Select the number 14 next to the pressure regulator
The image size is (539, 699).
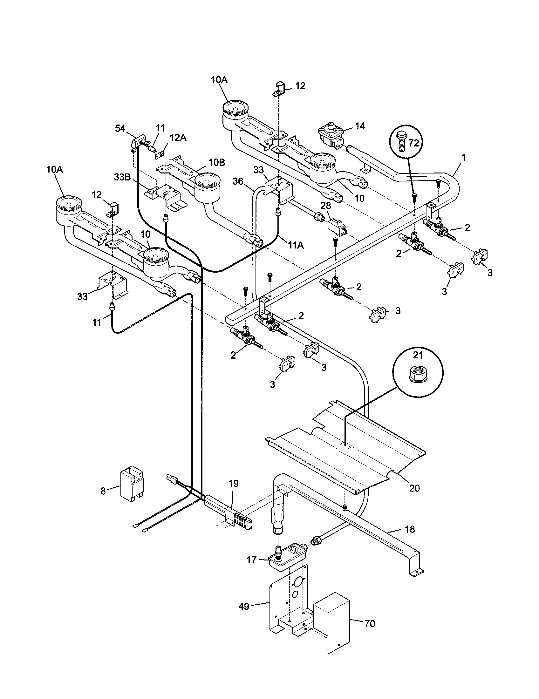coord(360,126)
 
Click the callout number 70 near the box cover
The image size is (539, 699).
coord(370,624)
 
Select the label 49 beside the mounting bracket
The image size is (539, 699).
coord(244,607)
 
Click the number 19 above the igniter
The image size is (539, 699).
coord(234,484)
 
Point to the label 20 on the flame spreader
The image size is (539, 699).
coord(414,489)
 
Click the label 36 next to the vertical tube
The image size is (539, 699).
coord(238,181)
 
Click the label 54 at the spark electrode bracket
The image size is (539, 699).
coord(120,129)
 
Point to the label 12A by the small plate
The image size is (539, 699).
coord(178,138)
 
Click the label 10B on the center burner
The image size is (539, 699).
coord(217,163)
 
